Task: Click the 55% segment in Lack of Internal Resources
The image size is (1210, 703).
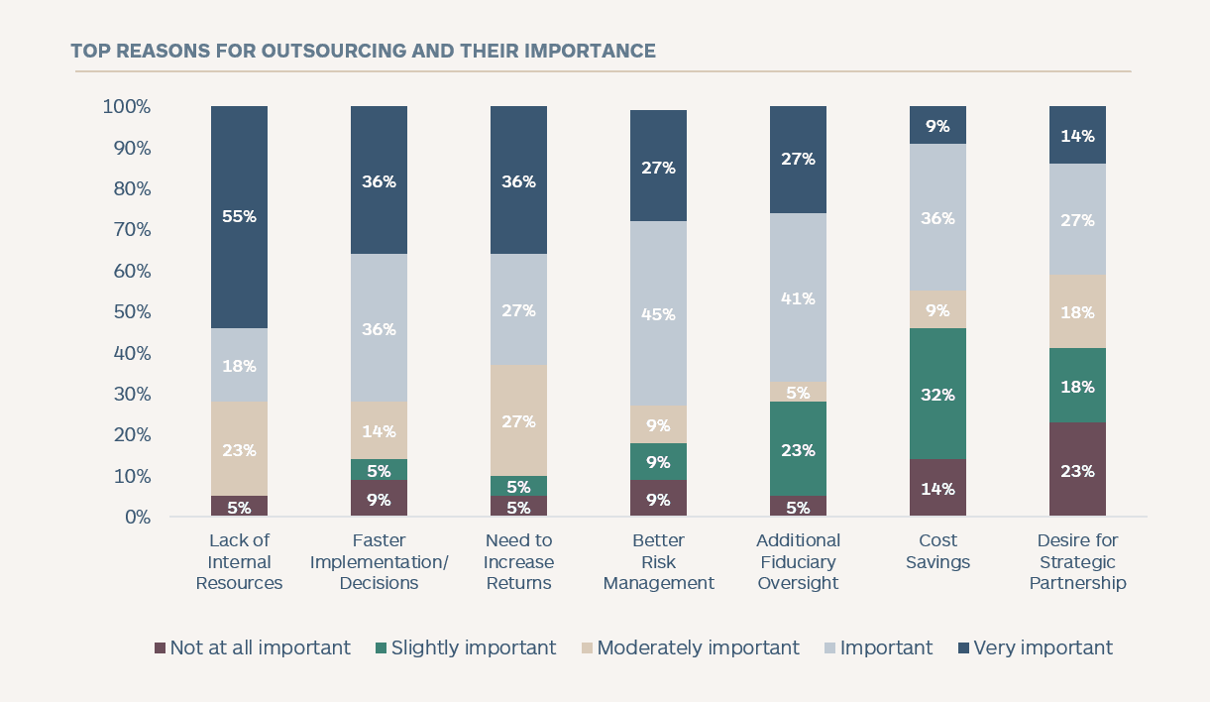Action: click(239, 216)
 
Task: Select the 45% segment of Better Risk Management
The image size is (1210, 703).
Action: click(658, 314)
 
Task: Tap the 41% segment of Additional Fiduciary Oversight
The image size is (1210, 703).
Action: click(798, 297)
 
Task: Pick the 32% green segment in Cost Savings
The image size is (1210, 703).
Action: click(937, 394)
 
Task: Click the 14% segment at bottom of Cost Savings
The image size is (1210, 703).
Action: click(937, 488)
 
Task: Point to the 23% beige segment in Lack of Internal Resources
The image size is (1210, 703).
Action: click(239, 449)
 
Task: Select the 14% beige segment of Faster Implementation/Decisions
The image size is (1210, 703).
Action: click(379, 430)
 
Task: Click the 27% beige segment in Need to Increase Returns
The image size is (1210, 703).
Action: click(518, 420)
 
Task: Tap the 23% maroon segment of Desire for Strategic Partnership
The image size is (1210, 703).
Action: click(1077, 470)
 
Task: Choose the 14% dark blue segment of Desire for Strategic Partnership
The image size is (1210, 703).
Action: click(1077, 135)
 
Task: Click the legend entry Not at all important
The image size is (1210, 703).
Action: click(253, 647)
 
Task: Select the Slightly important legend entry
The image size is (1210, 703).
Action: click(466, 647)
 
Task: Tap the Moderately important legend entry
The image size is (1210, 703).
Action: click(690, 647)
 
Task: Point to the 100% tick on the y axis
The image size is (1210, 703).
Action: click(126, 106)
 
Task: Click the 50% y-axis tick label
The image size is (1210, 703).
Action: click(131, 312)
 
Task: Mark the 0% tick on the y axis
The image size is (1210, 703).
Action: click(137, 518)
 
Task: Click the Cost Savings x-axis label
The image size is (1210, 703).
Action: click(937, 551)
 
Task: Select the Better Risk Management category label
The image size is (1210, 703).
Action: click(658, 561)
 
